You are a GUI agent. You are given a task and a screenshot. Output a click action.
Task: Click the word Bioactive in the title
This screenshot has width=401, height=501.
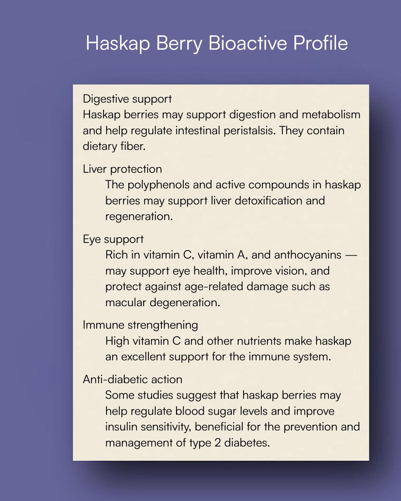(x=248, y=43)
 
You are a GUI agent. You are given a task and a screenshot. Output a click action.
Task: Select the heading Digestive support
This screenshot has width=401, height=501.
(x=127, y=99)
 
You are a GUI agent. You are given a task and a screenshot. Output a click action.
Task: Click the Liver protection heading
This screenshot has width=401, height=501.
(x=122, y=169)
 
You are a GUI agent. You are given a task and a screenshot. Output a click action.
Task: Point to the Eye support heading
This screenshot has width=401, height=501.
(x=113, y=239)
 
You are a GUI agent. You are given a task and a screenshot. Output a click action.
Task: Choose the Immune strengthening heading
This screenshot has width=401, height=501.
(x=140, y=325)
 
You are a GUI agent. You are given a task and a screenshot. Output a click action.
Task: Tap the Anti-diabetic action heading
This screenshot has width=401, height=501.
(x=132, y=379)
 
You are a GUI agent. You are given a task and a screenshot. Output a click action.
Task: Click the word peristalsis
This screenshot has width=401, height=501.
(x=245, y=131)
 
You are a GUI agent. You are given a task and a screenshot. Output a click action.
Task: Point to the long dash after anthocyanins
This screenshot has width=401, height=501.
(x=351, y=255)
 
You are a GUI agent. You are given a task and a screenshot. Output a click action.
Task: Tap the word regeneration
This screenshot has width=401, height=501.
(x=139, y=216)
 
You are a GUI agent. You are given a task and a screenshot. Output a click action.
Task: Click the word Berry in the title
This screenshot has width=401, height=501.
(x=179, y=44)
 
